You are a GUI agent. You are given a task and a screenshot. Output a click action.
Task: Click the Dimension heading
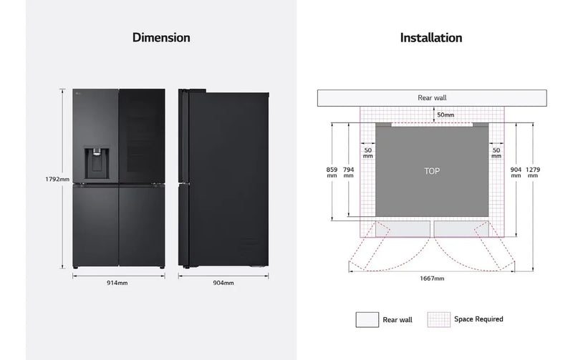click(161, 38)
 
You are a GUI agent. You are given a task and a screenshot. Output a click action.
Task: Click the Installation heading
click(431, 38)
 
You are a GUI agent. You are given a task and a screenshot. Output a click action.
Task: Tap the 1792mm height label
click(57, 179)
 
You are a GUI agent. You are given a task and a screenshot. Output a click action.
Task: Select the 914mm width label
click(117, 283)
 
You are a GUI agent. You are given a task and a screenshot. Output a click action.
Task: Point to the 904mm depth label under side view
click(223, 283)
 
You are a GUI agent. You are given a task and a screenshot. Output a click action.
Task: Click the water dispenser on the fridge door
click(97, 162)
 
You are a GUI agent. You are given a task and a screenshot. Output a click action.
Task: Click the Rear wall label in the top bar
click(432, 98)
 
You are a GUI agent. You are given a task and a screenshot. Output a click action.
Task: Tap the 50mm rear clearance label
click(446, 115)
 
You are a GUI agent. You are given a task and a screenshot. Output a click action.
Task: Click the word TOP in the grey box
click(432, 171)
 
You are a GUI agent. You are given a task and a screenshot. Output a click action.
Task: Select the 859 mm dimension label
click(332, 172)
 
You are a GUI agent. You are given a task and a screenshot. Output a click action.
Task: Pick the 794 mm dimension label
click(349, 172)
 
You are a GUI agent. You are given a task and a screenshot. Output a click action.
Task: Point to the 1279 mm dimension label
click(533, 172)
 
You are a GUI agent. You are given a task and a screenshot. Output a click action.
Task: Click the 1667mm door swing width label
click(432, 278)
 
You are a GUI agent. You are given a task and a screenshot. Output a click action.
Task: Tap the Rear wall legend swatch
click(367, 319)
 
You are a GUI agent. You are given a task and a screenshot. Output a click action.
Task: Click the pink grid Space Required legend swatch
click(439, 319)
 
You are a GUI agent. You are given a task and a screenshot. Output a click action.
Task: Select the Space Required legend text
click(478, 319)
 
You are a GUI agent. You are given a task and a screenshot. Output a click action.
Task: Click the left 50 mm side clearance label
click(368, 153)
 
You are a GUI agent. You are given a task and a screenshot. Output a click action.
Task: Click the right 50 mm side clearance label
click(496, 153)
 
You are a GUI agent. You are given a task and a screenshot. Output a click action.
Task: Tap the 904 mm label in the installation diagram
click(516, 172)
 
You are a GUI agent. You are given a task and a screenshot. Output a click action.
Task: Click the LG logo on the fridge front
click(77, 94)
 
